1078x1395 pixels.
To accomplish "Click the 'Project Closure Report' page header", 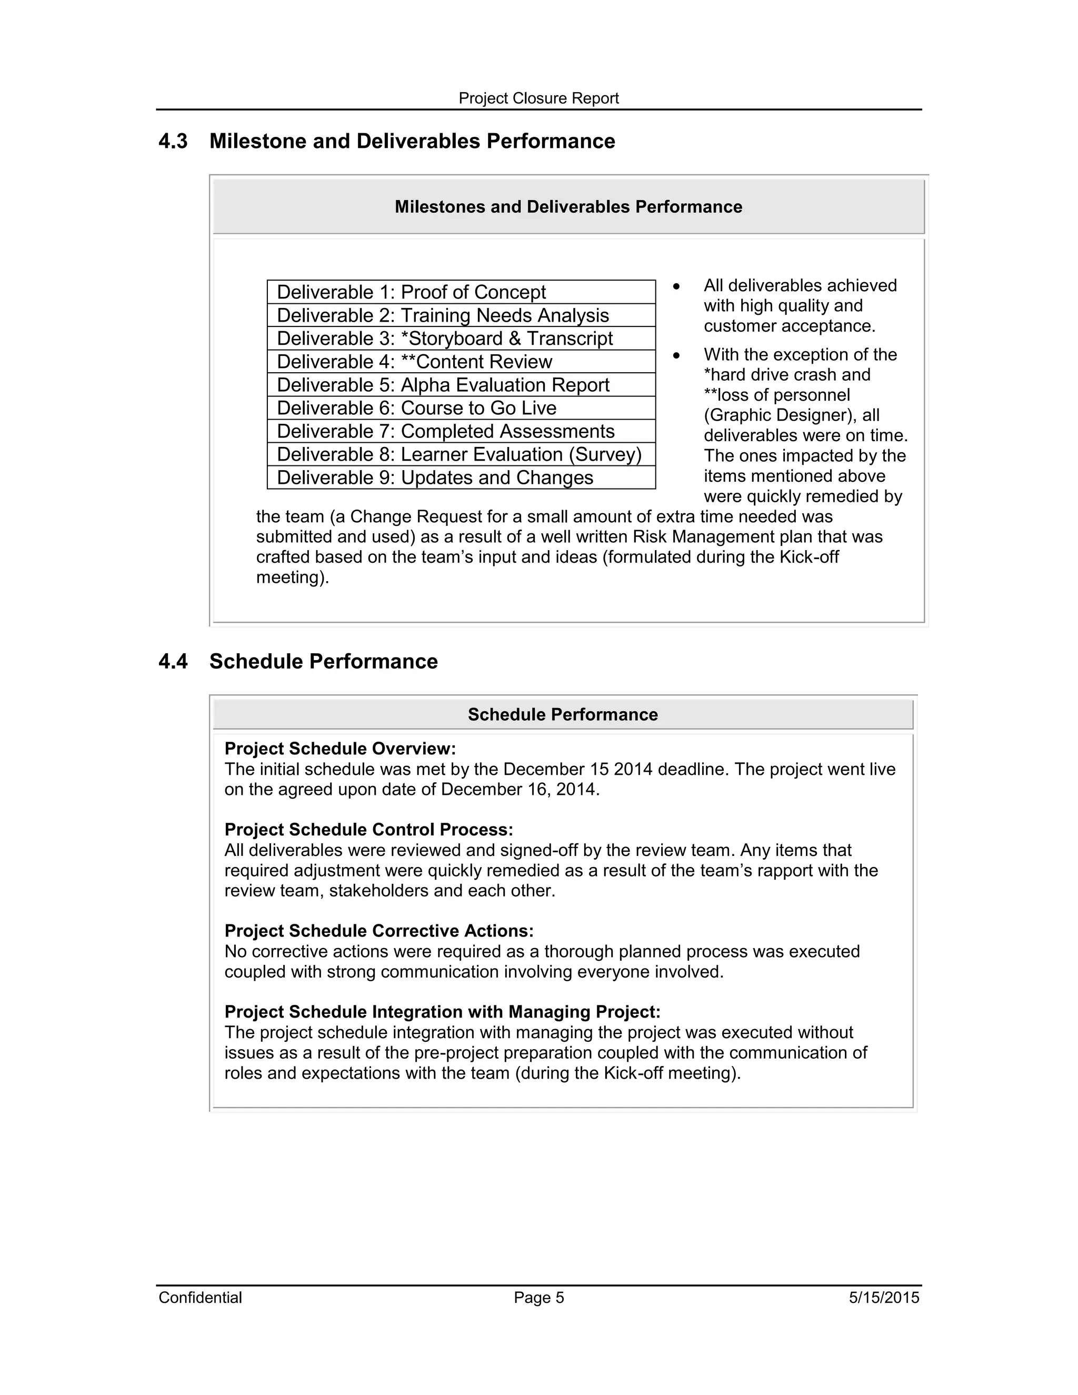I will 538,98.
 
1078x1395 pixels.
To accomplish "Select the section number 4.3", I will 173,141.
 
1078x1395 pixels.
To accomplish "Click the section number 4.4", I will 173,661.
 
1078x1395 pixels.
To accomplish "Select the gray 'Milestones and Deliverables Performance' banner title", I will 568,207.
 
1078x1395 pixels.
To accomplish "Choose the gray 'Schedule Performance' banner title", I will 563,714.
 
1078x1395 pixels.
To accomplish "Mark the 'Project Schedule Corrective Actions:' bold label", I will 378,931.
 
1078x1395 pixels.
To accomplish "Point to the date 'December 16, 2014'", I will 519,790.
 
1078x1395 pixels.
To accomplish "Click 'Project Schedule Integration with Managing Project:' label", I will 442,1012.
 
